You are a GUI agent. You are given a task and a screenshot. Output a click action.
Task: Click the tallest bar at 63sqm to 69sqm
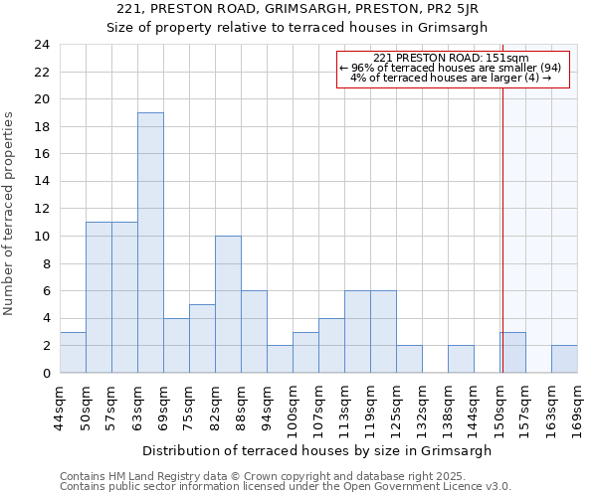point(150,243)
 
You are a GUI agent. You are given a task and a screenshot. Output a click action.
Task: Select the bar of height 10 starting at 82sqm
point(228,304)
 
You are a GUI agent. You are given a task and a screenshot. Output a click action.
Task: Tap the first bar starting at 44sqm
point(73,353)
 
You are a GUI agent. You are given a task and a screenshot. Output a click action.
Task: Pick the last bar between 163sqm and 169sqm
point(564,359)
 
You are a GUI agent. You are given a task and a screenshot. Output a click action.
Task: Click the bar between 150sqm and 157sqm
point(512,353)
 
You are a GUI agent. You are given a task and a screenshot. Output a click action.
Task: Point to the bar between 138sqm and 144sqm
point(461,359)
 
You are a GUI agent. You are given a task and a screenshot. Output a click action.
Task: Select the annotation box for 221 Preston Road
point(452,69)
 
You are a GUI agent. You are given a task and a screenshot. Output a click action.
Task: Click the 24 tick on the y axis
point(42,45)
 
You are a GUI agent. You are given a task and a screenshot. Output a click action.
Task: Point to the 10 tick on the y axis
point(42,237)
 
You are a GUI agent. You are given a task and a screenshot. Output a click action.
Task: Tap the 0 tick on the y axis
point(46,373)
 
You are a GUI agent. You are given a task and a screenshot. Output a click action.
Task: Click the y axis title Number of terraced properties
point(10,214)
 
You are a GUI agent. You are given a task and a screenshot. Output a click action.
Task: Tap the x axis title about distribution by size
point(316,450)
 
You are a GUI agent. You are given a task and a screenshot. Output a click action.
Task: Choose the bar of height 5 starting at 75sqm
point(202,338)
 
